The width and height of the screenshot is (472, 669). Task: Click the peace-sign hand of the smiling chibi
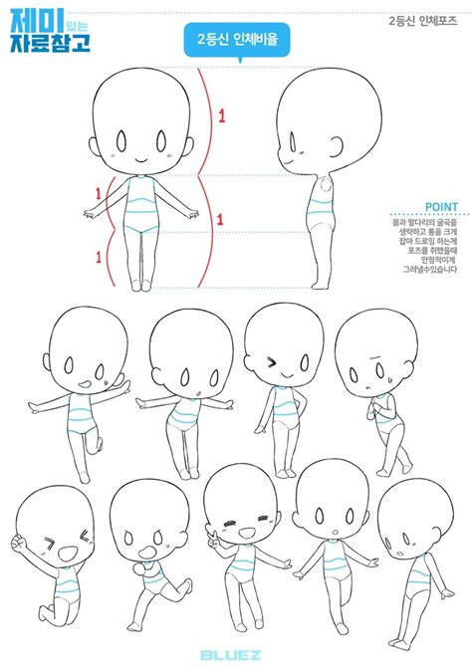[211, 544]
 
